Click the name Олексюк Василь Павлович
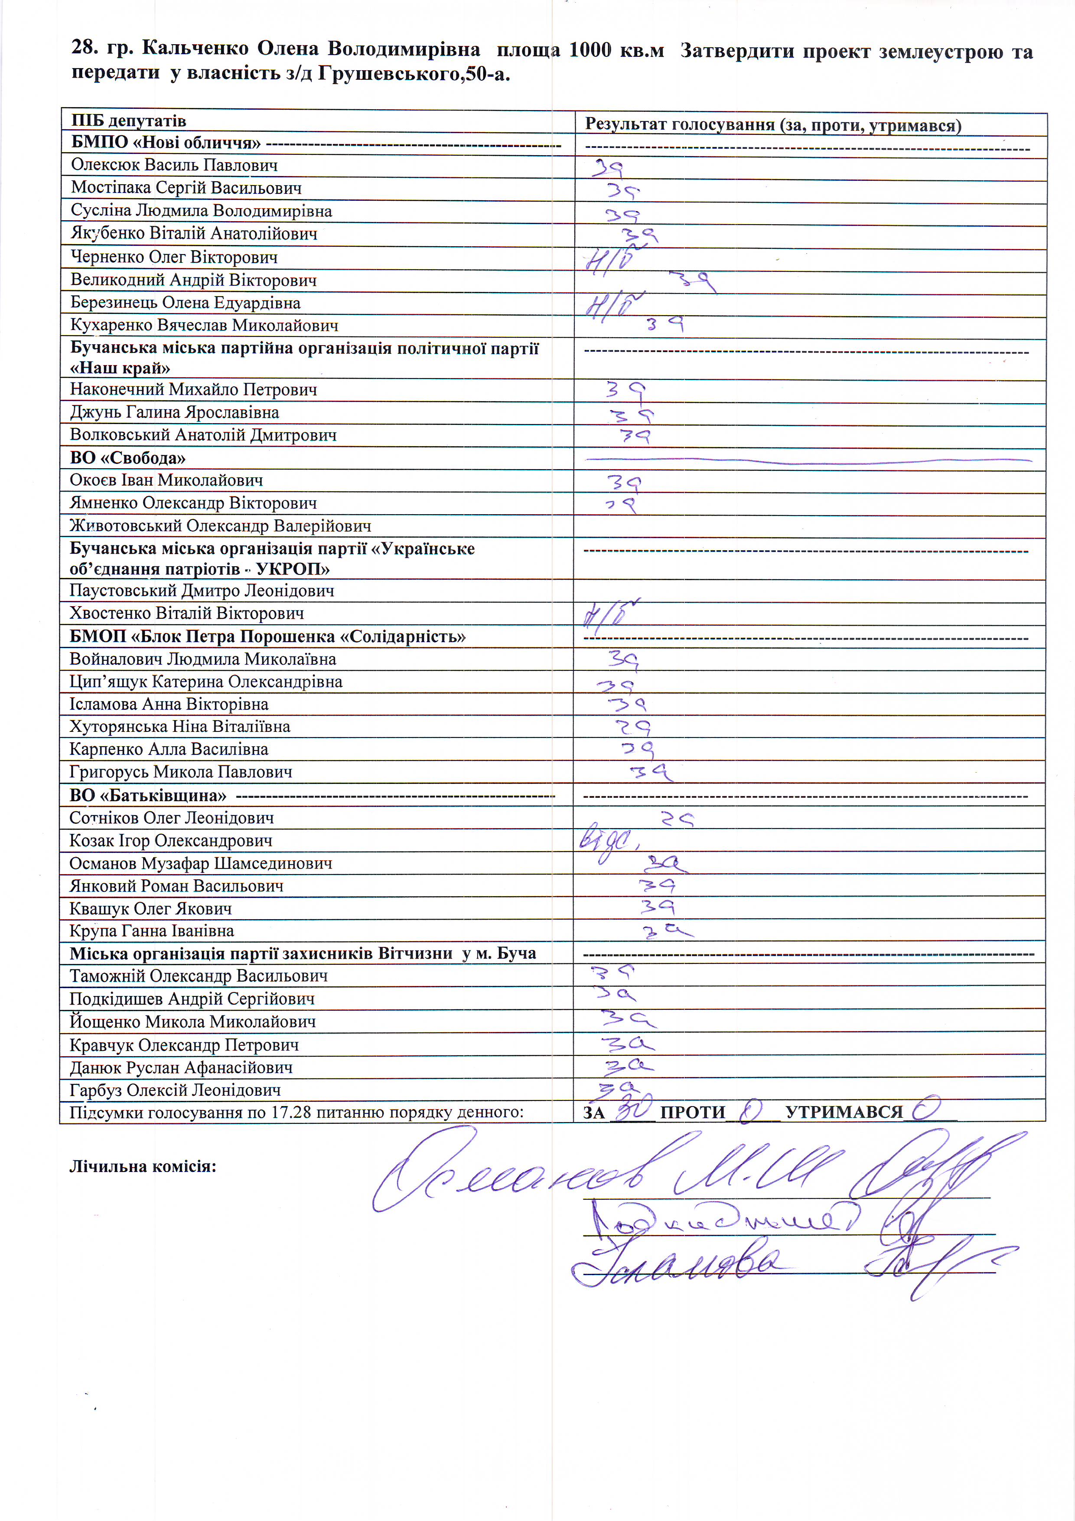point(174,165)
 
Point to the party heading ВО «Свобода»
point(128,458)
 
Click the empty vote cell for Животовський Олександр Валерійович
point(808,526)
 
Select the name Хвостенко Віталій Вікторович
point(187,614)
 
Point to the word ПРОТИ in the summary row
point(693,1112)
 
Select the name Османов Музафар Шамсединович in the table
point(201,863)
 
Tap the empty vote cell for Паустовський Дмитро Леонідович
point(808,591)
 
